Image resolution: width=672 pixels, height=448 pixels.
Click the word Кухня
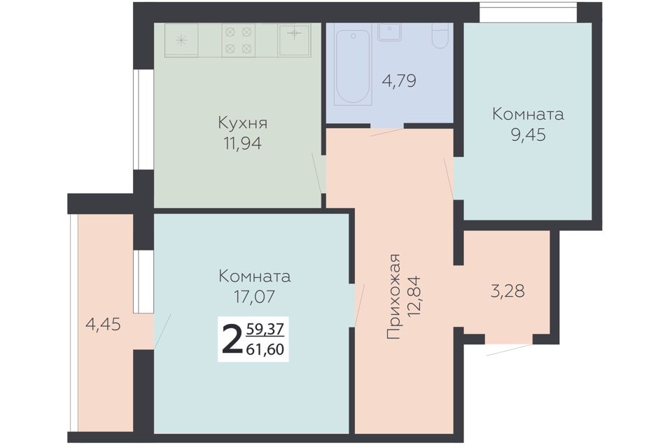243,123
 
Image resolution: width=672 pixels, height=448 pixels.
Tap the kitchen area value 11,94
242,143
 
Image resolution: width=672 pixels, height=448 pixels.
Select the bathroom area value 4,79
398,80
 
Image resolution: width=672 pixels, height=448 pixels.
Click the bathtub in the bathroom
353,67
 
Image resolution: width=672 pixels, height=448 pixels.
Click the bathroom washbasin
390,31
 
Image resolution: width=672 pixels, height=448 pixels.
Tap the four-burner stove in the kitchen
238,41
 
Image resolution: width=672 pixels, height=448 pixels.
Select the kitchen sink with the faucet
294,40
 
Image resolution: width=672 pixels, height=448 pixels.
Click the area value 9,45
528,134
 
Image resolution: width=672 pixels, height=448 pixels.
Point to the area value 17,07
255,296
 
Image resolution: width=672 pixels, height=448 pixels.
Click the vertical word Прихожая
393,297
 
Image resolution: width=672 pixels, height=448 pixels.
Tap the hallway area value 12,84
415,297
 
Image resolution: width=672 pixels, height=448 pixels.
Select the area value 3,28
507,291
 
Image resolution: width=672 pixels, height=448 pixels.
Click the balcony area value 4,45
104,325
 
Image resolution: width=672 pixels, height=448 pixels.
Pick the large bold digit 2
232,339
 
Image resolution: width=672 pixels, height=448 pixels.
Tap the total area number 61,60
265,349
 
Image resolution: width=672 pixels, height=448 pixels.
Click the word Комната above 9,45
528,114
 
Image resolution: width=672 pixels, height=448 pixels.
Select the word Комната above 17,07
255,276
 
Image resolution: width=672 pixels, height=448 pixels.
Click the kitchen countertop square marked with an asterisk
181,41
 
